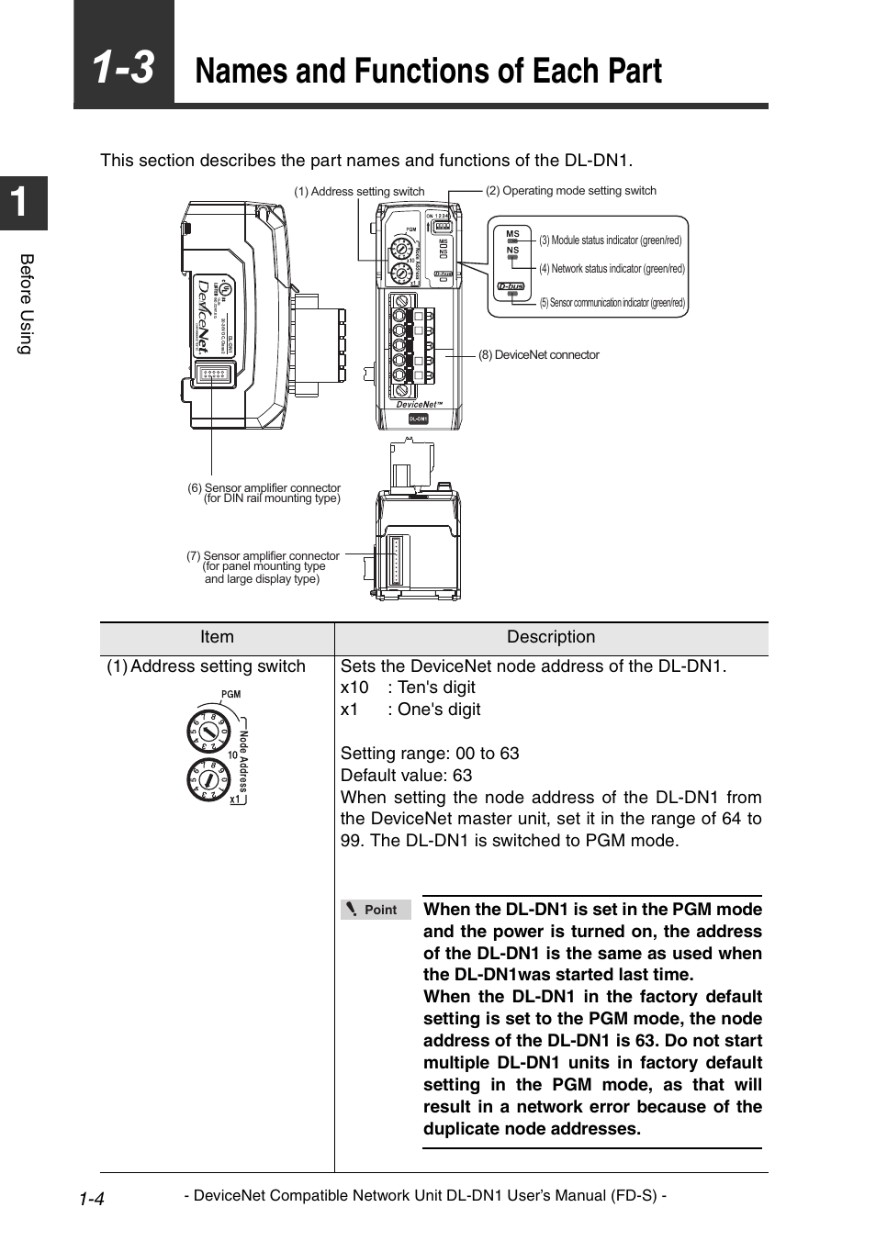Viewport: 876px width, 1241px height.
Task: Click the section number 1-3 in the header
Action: (x=124, y=69)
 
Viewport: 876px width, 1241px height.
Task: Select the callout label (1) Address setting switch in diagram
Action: (x=359, y=192)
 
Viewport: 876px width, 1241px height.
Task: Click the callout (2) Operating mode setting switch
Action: (x=570, y=191)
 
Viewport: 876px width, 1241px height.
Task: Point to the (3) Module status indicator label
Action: (x=610, y=240)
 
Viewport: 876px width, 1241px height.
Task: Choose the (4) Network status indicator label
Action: (x=612, y=269)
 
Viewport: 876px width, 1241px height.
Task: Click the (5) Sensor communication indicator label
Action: (x=612, y=303)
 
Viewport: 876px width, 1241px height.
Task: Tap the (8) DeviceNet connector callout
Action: (x=538, y=355)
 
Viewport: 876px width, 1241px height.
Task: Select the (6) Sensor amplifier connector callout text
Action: (x=264, y=493)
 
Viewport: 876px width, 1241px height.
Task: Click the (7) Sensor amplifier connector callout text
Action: (x=263, y=567)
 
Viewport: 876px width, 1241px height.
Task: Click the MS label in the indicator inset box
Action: (x=512, y=234)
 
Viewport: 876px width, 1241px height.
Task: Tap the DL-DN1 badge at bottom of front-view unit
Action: (x=418, y=419)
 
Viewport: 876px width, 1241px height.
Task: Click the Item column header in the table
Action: (x=217, y=638)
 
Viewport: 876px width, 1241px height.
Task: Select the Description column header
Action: (x=551, y=638)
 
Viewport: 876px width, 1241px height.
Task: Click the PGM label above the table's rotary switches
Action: (x=230, y=694)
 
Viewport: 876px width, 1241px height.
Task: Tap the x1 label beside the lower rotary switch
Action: (x=235, y=799)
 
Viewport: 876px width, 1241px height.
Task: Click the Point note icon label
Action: (x=376, y=910)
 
